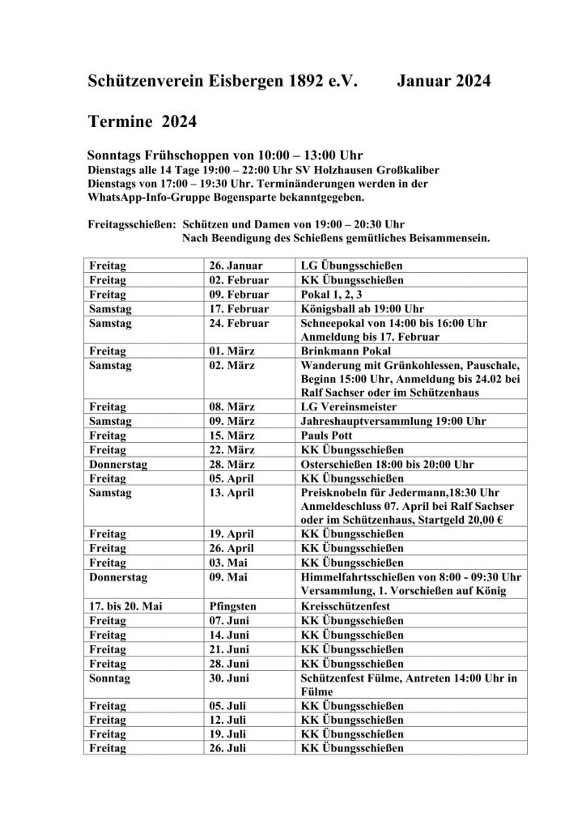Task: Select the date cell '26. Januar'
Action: tap(233, 266)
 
